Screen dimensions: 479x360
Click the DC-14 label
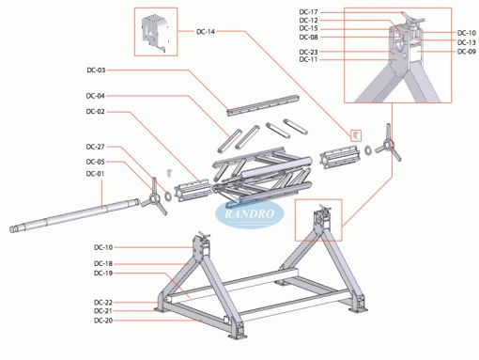[206, 32]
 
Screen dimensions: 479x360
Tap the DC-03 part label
[96, 70]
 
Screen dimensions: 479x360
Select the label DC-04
[96, 96]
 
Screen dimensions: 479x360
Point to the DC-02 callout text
[96, 112]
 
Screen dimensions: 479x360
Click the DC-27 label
[96, 147]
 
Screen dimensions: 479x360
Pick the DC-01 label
[96, 174]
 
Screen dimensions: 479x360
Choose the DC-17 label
[309, 12]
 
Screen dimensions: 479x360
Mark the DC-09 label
[467, 52]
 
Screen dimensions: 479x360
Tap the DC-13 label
[467, 42]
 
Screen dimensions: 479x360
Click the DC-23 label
[309, 52]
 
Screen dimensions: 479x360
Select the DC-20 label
[103, 321]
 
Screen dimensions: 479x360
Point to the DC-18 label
[103, 263]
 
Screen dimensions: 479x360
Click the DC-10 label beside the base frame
[103, 247]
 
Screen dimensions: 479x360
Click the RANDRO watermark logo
[250, 214]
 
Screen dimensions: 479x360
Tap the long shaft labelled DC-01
[74, 215]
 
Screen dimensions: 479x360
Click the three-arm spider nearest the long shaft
[154, 197]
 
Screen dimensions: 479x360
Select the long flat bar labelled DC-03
[263, 105]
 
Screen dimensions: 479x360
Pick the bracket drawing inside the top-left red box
[155, 33]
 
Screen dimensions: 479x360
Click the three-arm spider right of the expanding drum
[388, 143]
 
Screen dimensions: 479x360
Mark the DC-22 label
[103, 303]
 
